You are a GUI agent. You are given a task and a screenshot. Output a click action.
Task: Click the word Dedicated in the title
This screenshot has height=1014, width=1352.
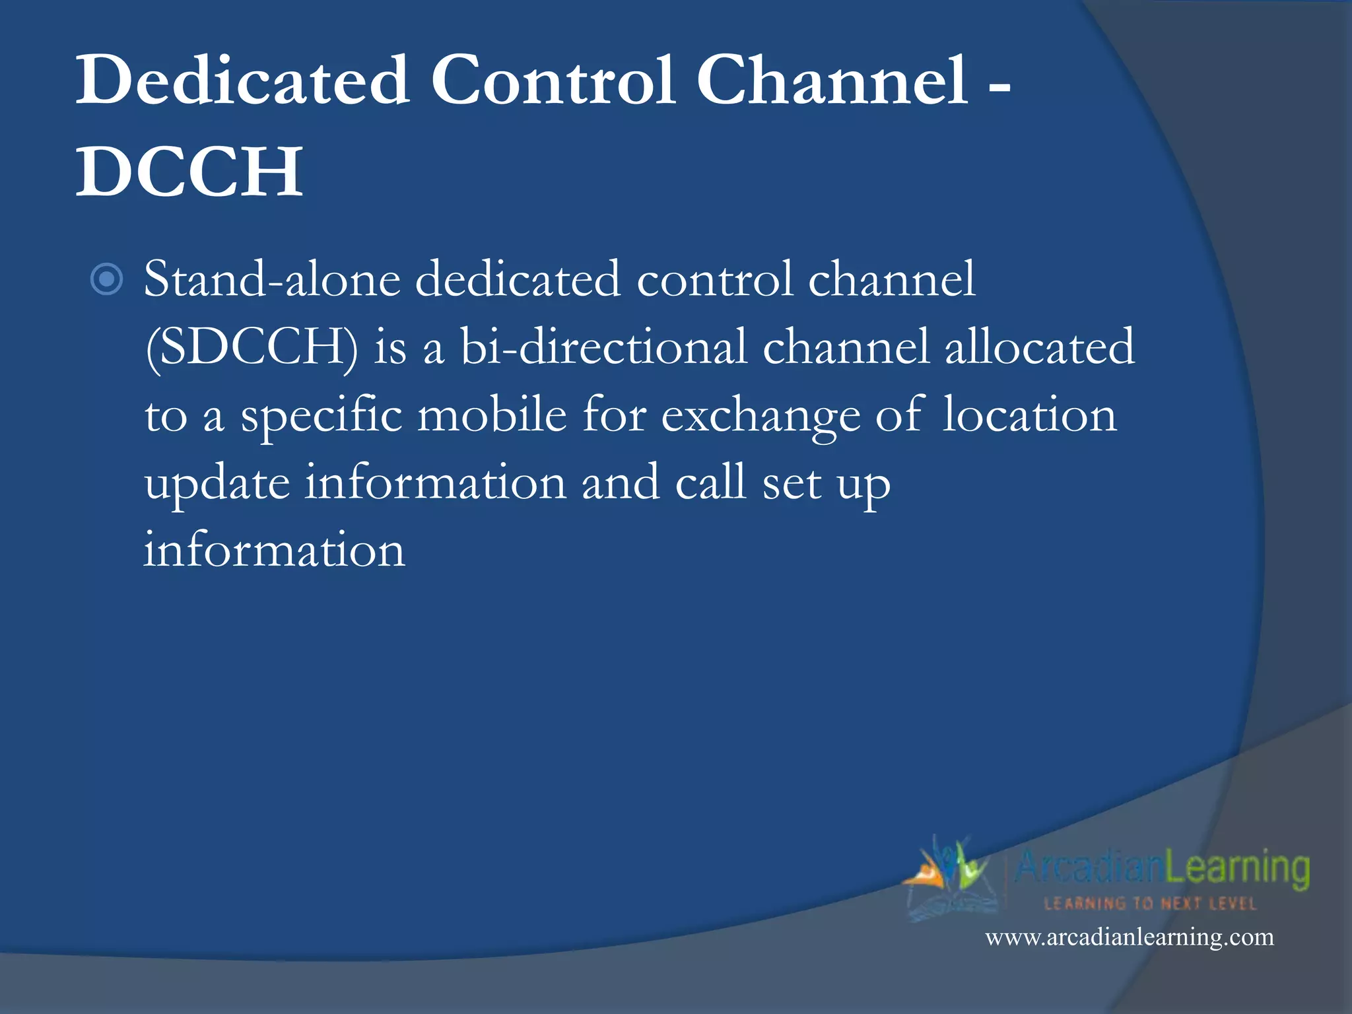pyautogui.click(x=242, y=80)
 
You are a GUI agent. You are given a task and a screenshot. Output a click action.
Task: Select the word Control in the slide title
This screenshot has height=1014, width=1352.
pyautogui.click(x=553, y=80)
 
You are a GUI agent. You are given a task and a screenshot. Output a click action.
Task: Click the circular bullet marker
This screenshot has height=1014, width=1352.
pyautogui.click(x=106, y=279)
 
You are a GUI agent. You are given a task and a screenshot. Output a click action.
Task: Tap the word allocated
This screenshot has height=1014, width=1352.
pyautogui.click(x=1040, y=347)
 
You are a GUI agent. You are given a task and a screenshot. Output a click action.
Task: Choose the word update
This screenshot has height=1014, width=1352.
pyautogui.click(x=217, y=485)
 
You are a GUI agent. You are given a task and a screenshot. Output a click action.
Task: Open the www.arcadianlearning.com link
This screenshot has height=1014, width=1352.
pyautogui.click(x=1130, y=937)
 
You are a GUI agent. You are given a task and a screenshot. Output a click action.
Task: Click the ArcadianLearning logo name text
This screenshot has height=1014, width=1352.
pyautogui.click(x=1162, y=867)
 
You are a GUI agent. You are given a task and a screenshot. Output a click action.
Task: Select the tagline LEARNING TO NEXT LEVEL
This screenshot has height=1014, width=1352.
pyautogui.click(x=1150, y=903)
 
